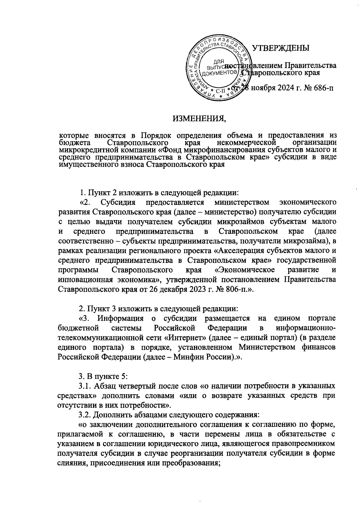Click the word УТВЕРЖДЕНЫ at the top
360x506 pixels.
(280, 48)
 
